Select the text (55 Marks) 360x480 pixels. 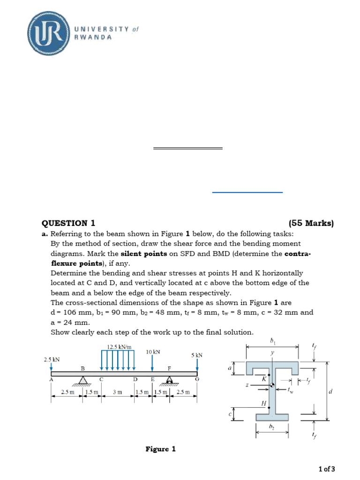tap(311, 223)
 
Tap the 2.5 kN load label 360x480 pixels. tap(52, 360)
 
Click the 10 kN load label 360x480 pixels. tap(153, 351)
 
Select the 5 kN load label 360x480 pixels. tap(196, 355)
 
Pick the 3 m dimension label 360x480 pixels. tap(117, 392)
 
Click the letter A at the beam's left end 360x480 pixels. tap(51, 379)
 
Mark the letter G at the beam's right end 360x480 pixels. tap(197, 379)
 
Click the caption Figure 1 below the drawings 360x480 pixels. tap(160, 449)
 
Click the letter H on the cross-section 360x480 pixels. tap(264, 403)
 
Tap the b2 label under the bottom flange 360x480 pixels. tap(271, 427)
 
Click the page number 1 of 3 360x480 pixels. tap(327, 468)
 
